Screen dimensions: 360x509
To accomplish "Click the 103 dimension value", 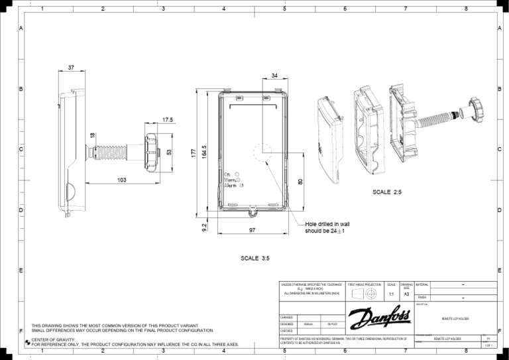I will click(122, 180).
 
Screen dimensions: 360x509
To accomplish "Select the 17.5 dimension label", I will click(167, 120).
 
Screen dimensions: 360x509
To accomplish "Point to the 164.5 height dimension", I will click(205, 152).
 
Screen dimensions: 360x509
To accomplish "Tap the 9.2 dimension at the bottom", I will click(204, 227).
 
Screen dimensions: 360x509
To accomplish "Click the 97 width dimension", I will click(253, 230).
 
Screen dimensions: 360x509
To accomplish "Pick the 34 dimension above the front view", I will click(274, 76).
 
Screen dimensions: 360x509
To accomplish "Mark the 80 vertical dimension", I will click(300, 182).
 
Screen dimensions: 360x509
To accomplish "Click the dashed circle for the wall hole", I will click(263, 152).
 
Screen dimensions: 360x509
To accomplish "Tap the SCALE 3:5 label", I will click(254, 258).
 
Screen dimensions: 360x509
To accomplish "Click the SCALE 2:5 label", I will click(387, 192).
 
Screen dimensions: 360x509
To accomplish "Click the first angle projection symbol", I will click(365, 292).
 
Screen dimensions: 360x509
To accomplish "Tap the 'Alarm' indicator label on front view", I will click(231, 186).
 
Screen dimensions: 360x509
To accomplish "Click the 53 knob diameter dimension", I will click(169, 152).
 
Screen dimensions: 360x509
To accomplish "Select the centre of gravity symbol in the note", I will click(27, 340).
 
